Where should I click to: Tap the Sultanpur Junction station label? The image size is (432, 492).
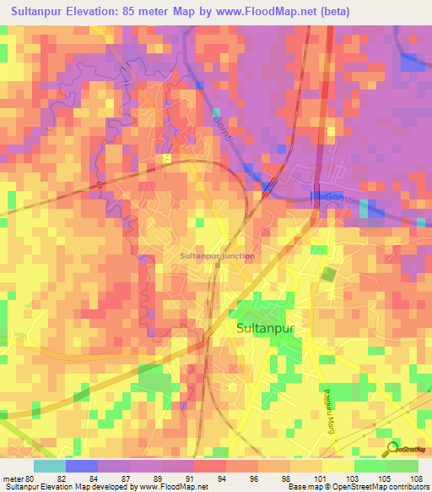coord(218,254)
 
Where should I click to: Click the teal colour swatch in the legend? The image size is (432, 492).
coord(50,465)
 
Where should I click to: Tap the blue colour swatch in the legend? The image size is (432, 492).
coord(82,465)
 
